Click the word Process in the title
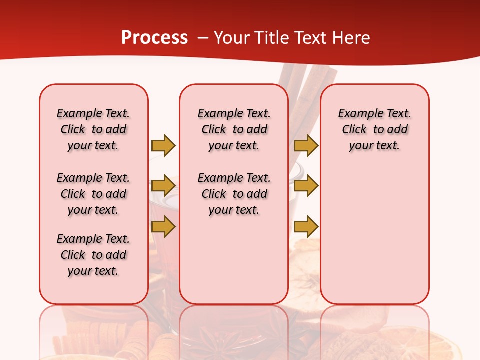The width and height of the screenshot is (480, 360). click(154, 38)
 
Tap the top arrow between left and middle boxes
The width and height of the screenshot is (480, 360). click(163, 145)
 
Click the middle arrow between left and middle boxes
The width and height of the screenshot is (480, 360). click(163, 186)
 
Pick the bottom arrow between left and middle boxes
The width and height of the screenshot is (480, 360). click(163, 226)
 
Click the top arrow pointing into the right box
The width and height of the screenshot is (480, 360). click(306, 145)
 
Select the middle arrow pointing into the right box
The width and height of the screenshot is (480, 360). click(306, 186)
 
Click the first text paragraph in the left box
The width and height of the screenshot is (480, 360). click(93, 129)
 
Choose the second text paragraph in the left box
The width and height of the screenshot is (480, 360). click(93, 194)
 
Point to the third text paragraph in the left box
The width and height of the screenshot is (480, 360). click(93, 255)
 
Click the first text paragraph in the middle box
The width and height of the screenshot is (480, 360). click(234, 129)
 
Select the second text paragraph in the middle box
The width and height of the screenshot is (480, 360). click(234, 194)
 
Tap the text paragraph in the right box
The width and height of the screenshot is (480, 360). click(374, 129)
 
